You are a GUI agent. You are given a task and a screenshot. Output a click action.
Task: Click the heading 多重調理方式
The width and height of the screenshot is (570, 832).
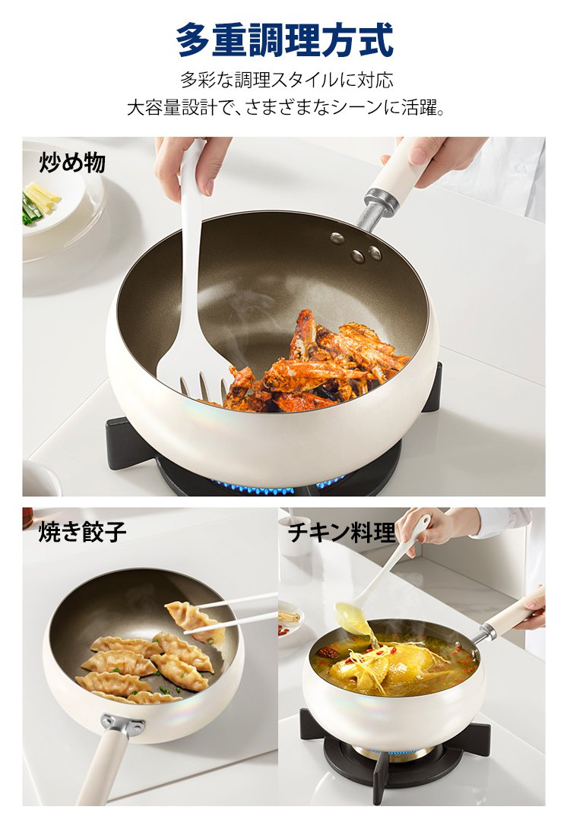click(x=285, y=39)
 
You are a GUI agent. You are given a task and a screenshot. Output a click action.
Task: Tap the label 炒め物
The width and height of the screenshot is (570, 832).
click(x=72, y=163)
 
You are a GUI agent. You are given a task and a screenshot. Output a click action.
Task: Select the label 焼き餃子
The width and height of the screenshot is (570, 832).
click(x=82, y=531)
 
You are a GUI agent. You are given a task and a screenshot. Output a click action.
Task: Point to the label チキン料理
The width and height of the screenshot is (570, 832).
click(x=342, y=532)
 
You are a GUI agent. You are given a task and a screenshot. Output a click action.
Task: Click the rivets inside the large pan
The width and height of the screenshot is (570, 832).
click(x=356, y=247)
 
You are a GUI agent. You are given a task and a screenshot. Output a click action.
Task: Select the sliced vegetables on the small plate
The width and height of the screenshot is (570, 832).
click(x=40, y=201)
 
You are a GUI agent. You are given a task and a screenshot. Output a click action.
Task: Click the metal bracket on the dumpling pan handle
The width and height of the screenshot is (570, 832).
click(x=122, y=723)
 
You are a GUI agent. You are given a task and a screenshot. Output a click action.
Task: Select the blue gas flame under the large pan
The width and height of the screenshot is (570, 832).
click(x=276, y=486)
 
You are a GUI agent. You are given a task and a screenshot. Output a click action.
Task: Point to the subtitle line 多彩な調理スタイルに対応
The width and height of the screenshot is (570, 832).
click(x=287, y=80)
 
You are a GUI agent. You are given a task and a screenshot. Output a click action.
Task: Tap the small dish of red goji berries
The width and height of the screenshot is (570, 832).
click(x=291, y=624)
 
